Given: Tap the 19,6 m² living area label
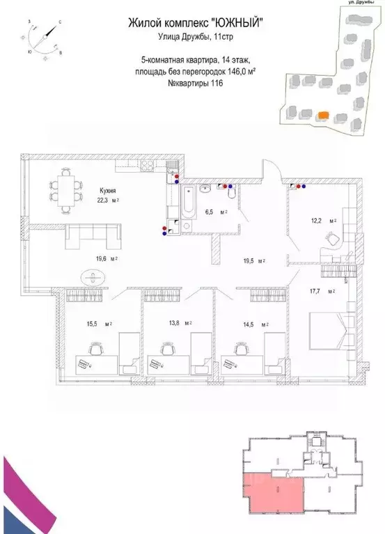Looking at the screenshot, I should click(x=106, y=258).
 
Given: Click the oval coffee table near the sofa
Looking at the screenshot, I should click(x=92, y=277).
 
